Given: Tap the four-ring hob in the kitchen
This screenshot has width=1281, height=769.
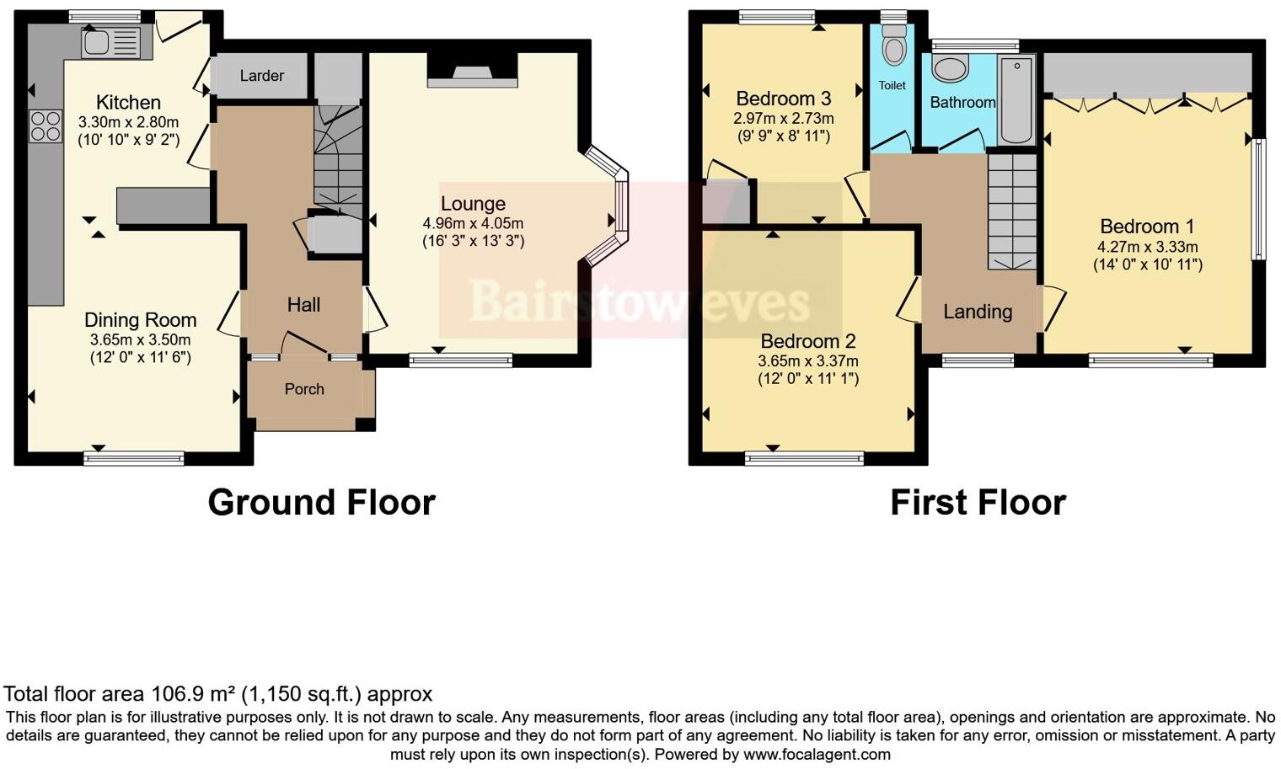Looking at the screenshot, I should tap(46, 126).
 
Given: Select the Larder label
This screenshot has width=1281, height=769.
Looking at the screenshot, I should tap(261, 76).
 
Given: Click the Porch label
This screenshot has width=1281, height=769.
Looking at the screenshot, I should tap(304, 389).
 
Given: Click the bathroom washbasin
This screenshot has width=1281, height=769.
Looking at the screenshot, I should tap(951, 69).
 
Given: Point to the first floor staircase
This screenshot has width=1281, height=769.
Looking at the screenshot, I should tap(1011, 211).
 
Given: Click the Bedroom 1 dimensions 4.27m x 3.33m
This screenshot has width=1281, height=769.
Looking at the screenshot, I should tap(1147, 247).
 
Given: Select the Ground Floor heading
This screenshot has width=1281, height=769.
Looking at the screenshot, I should tap(321, 503).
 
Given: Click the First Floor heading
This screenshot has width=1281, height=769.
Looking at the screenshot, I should tap(978, 503).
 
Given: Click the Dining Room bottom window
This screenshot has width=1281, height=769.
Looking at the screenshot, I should tap(134, 458).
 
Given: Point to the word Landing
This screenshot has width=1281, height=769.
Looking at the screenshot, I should tap(978, 312).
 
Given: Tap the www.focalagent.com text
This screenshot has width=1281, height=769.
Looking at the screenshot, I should tap(817, 755).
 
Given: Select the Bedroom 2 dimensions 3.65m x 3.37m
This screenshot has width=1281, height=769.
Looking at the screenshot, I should tap(807, 361).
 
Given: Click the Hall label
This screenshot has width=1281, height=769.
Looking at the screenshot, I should tap(303, 305).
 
